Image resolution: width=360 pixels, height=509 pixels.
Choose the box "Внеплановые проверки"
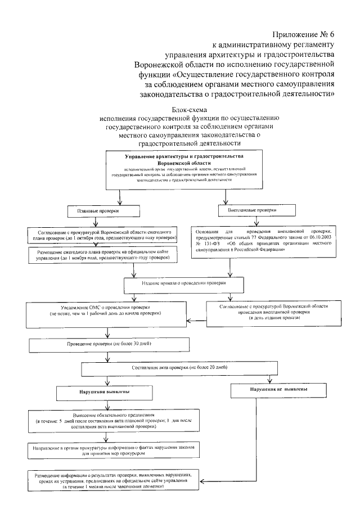256,210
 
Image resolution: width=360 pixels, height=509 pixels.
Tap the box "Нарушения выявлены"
101,390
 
